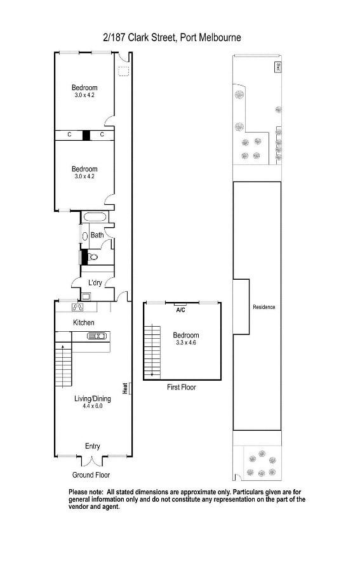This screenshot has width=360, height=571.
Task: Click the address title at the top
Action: [171, 37]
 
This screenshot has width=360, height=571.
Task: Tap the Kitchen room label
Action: [83, 323]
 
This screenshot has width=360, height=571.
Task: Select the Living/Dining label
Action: [93, 399]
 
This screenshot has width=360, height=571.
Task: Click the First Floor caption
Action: [181, 387]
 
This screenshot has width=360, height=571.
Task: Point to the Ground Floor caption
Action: [91, 475]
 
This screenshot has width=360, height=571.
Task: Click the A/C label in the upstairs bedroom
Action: [181, 310]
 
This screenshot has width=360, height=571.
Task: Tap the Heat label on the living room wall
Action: [125, 388]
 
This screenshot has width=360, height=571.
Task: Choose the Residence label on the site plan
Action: [263, 307]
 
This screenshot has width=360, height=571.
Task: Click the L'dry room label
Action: [95, 282]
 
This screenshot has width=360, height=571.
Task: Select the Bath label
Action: [97, 235]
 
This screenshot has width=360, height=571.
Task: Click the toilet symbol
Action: [92, 257]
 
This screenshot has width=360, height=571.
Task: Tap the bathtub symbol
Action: [95, 218]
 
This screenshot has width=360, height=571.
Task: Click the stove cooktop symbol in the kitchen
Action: [78, 308]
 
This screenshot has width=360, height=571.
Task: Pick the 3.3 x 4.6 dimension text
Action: [186, 343]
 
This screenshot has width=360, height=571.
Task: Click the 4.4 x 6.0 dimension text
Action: [93, 406]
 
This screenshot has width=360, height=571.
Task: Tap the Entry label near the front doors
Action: [93, 447]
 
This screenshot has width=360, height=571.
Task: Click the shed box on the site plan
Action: [277, 67]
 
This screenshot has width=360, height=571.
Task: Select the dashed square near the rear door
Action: [124, 72]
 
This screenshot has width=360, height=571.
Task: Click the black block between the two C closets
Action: [86, 135]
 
